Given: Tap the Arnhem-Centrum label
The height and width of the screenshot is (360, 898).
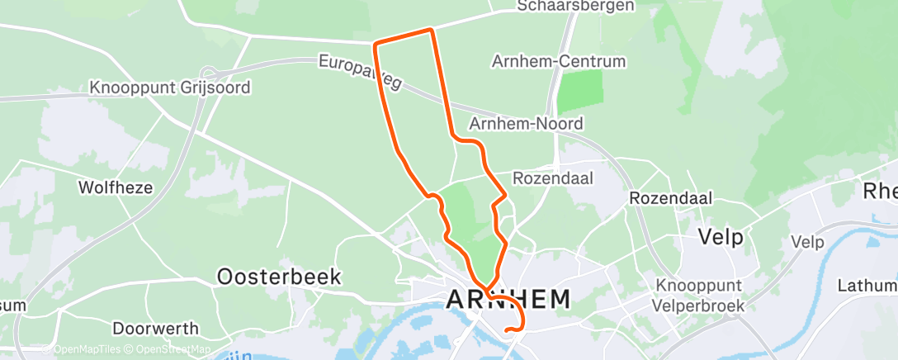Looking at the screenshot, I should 559,62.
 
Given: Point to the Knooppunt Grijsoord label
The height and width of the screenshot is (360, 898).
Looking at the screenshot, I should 170,88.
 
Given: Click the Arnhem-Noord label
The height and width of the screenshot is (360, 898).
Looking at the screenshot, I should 526,124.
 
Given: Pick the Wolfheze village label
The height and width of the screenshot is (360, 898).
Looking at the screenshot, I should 115,187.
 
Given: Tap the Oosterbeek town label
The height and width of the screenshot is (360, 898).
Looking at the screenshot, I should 279,277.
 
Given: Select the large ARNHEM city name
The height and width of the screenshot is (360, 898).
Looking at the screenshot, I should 508,300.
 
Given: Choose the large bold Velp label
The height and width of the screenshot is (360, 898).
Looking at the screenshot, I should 721,238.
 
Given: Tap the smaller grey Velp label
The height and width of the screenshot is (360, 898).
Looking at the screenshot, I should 807,242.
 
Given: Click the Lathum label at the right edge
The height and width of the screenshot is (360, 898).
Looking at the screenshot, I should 867,286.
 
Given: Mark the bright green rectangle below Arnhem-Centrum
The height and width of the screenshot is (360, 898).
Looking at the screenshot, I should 579,92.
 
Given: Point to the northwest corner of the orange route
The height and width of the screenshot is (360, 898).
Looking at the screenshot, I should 376,43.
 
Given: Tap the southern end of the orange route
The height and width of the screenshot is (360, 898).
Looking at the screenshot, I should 506,333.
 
